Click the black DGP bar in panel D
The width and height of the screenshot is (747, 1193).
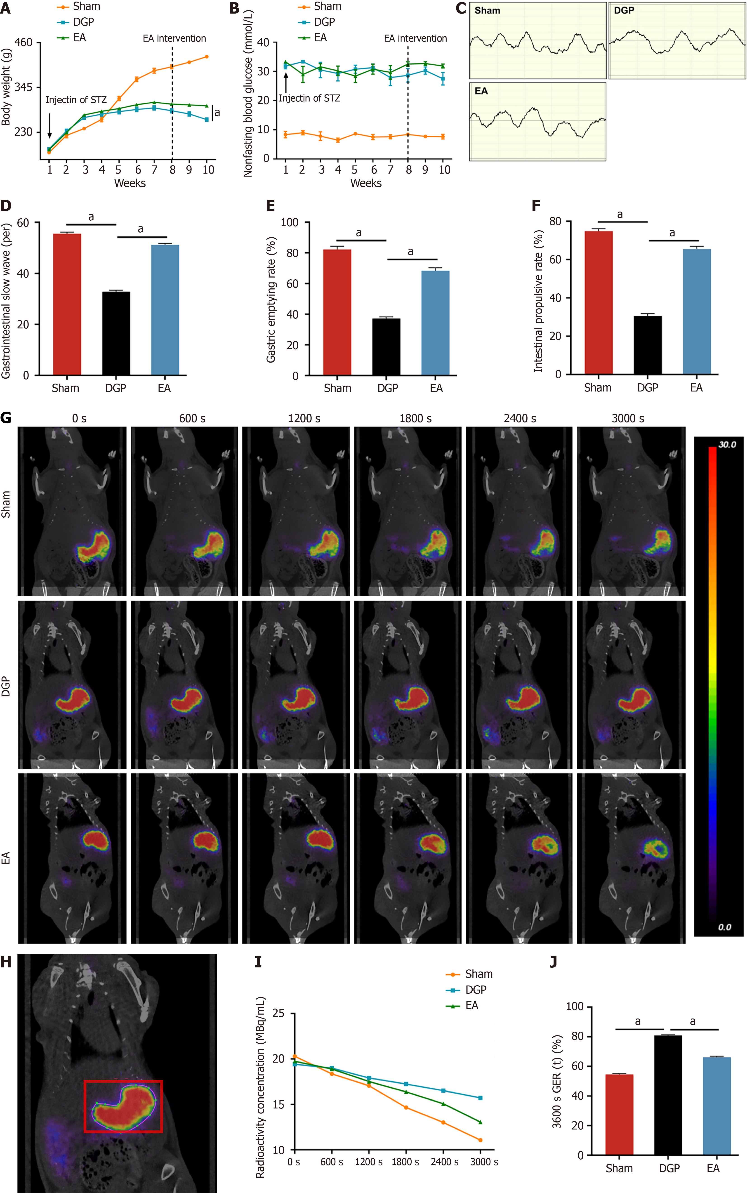pos(116,333)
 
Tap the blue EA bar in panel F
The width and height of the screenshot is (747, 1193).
pos(697,311)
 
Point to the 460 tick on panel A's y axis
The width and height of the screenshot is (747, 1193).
pos(23,42)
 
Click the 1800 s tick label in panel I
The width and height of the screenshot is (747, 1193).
pos(405,1162)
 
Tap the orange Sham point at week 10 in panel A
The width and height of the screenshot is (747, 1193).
pos(207,57)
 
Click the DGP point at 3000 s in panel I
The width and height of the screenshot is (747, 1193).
pos(480,1098)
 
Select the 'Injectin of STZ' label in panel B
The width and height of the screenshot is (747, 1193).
pos(309,98)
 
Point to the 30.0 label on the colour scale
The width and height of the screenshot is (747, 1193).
pos(727,445)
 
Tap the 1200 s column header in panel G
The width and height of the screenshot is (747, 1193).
pos(304,418)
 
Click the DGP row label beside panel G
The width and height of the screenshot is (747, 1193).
pos(6,687)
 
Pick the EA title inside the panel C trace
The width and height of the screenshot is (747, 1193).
pos(481,91)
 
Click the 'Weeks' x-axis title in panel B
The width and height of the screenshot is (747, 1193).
pos(366,183)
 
